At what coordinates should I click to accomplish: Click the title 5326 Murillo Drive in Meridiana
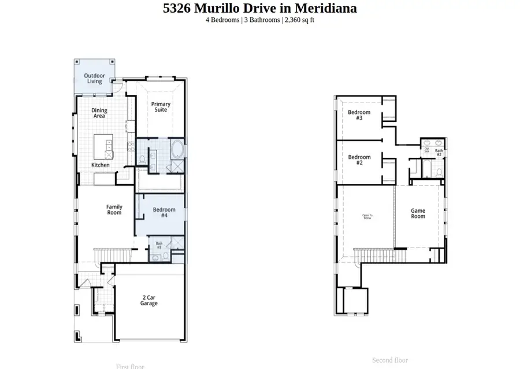coord(259,8)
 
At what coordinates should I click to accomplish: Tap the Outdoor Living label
coord(94,78)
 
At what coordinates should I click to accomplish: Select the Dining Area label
coord(99,113)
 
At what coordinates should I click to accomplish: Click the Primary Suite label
coord(161,107)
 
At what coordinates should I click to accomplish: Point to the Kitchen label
coord(100,165)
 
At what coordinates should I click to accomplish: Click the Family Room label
coord(114,209)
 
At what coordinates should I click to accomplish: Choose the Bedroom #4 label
coord(164,212)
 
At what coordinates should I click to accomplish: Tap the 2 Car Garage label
coord(148,300)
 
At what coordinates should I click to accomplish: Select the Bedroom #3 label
coord(359,115)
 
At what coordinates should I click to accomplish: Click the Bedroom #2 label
coord(359,160)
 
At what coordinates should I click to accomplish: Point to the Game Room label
coord(418,213)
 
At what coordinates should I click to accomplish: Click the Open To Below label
coord(367,216)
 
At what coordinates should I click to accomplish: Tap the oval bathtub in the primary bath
coord(177,151)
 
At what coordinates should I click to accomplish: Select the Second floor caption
coord(389,360)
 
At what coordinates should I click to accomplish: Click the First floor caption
coord(129,366)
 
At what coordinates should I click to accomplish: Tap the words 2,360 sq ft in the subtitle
coord(299,20)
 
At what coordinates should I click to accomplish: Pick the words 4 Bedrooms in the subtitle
coord(222,20)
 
